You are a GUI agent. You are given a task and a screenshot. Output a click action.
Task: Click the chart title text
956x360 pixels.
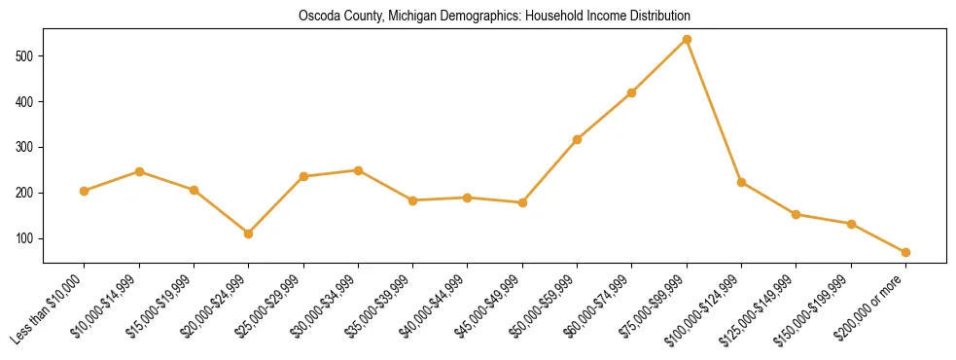click(x=494, y=17)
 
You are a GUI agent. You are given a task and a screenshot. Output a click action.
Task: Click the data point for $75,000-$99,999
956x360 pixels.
click(x=687, y=39)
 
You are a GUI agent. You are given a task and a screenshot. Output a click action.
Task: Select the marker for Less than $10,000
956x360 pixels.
click(x=85, y=191)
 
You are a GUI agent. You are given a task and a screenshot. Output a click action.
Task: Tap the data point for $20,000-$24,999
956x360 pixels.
click(x=249, y=234)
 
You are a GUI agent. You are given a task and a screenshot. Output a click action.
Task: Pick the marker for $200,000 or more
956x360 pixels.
click(x=905, y=252)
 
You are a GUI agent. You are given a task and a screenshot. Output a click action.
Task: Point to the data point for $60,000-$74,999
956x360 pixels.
click(x=632, y=92)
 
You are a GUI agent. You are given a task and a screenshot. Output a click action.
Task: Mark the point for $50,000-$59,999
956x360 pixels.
click(x=578, y=139)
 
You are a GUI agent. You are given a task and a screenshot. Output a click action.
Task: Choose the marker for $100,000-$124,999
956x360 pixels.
click(x=741, y=182)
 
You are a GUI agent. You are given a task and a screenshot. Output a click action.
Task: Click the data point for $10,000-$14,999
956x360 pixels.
click(x=139, y=171)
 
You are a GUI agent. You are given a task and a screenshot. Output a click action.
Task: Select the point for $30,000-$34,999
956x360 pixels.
click(x=358, y=170)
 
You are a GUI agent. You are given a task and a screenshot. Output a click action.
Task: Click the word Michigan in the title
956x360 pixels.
click(x=424, y=17)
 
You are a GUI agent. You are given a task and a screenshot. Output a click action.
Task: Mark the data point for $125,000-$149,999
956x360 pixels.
click(x=797, y=214)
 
